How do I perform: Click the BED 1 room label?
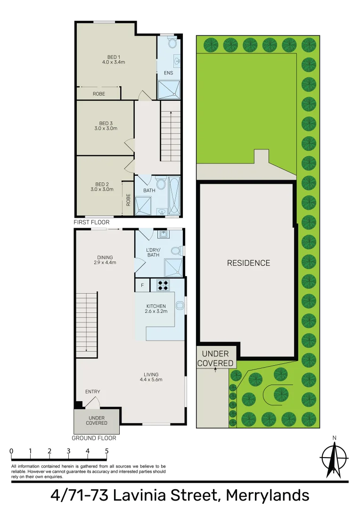tap(113, 59)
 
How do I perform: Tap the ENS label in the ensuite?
tap(168, 73)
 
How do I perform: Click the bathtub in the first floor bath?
tap(174, 196)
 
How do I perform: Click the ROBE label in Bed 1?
tap(98, 94)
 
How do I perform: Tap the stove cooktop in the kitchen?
tap(163, 285)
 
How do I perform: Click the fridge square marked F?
tap(142, 285)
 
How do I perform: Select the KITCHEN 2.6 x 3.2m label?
tap(156, 309)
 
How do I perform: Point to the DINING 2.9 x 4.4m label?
tap(105, 260)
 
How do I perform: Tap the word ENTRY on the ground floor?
tap(92, 392)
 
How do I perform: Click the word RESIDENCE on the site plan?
tap(248, 263)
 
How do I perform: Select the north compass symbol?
tap(334, 457)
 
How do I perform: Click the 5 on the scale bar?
tap(107, 451)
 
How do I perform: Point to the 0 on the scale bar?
tap(11, 451)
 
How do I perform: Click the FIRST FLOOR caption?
tap(91, 222)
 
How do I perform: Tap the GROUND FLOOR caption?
tap(94, 438)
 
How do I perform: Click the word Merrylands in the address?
tap(268, 496)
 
